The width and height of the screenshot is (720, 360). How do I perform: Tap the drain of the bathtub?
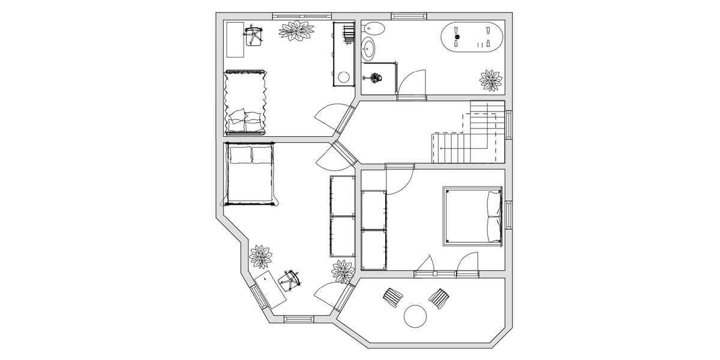click(x=457, y=37)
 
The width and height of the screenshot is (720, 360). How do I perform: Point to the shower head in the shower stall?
click(x=376, y=77)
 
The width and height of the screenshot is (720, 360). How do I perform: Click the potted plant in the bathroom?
click(x=491, y=80)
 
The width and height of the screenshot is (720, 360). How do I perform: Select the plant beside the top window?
click(x=296, y=31)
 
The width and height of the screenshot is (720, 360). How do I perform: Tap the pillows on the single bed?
click(x=246, y=121)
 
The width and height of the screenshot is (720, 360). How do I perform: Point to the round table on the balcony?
click(x=415, y=316)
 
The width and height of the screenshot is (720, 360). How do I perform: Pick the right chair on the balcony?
click(x=439, y=298)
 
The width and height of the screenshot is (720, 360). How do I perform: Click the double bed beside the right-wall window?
click(x=473, y=216)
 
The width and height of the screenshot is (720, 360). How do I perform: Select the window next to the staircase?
click(x=509, y=125)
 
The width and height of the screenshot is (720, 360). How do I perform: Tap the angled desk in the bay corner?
click(x=270, y=290)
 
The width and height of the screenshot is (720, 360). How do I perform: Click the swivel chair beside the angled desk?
click(x=292, y=279)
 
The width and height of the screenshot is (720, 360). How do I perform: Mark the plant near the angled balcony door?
click(x=343, y=271)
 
